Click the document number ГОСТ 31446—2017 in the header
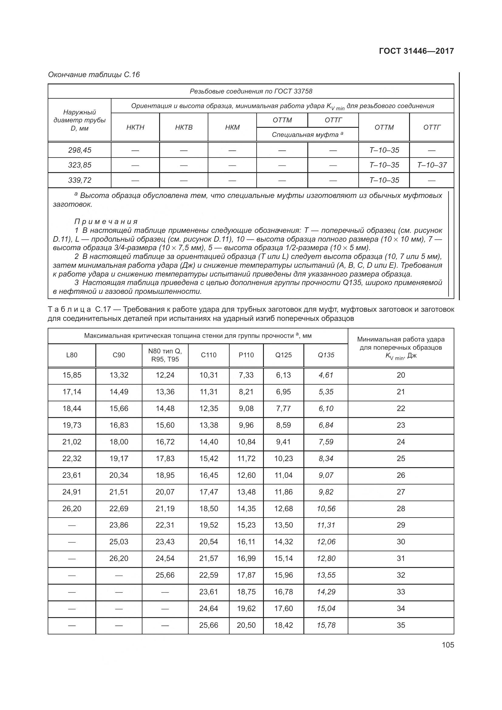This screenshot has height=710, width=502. (416, 51)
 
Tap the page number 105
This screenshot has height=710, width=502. (448, 645)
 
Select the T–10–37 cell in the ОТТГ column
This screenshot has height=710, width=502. (432, 165)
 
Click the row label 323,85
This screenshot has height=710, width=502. (80, 165)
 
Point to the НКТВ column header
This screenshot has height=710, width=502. (184, 127)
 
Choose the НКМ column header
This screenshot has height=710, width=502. (232, 127)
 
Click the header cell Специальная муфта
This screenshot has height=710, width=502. (307, 135)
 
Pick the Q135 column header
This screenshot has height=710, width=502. (326, 355)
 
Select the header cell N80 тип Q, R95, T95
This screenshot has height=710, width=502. (165, 355)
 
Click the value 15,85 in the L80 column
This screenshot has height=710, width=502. (72, 375)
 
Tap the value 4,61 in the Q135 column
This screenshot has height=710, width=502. (326, 375)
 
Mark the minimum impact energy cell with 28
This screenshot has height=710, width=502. (401, 509)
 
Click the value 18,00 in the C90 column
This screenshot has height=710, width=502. (119, 442)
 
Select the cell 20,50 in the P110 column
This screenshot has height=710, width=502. (246, 625)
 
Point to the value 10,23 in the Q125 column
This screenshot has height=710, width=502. (283, 459)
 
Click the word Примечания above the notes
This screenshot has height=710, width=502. (106, 222)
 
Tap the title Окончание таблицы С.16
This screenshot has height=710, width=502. (94, 75)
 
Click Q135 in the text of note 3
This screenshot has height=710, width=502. (352, 283)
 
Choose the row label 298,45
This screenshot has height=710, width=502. (80, 150)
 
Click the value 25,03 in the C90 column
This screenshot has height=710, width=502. (119, 542)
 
